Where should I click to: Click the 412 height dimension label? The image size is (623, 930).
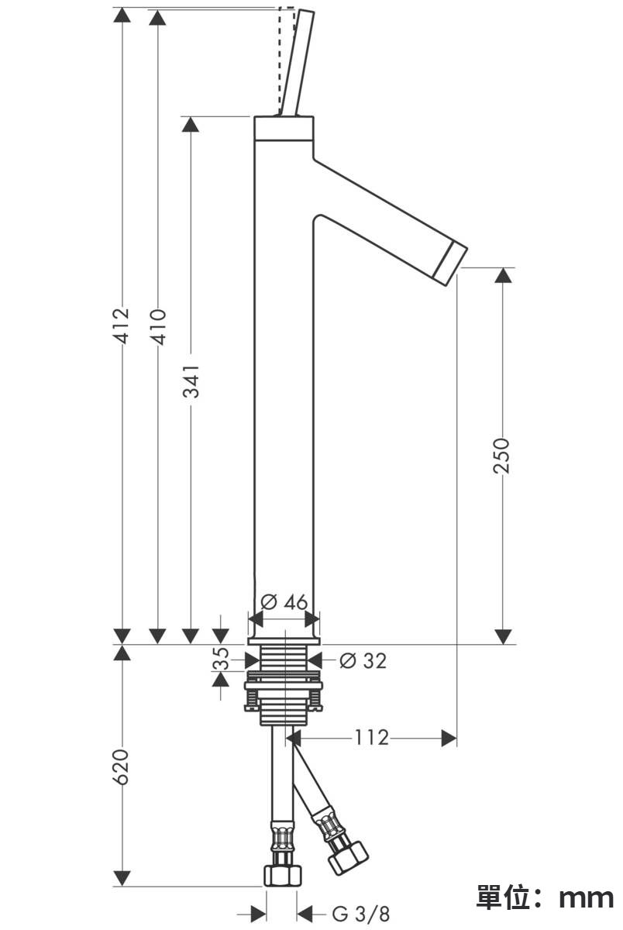coord(122,326)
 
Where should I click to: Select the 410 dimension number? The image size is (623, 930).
coord(158,327)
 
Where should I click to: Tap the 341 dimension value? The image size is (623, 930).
coord(191,381)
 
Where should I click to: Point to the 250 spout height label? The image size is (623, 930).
coord(501,455)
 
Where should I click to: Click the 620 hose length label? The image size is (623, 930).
coord(122,766)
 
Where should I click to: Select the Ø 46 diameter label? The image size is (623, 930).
coord(284,601)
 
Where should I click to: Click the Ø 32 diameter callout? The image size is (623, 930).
coord(363,660)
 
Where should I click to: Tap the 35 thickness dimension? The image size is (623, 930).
coord(221,659)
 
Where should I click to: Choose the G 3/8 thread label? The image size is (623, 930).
coord(361,914)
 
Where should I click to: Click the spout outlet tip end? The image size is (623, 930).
coord(450,265)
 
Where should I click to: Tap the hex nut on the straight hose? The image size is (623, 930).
coord(282,875)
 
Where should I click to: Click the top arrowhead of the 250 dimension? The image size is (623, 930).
coord(503,276)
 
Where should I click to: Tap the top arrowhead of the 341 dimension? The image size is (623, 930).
coord(191,125)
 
